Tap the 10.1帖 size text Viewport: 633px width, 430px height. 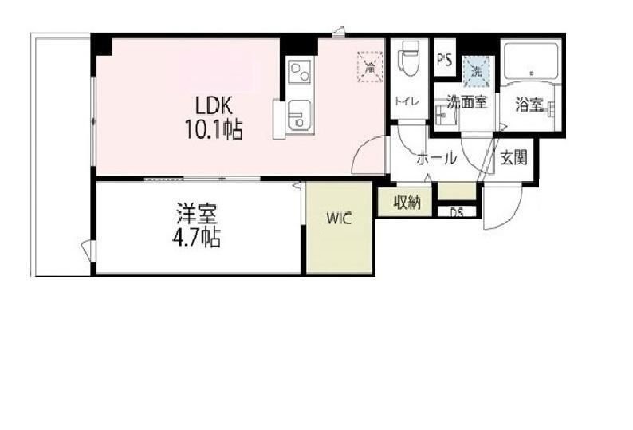215,130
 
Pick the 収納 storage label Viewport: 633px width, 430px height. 406,203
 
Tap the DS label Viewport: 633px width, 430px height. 456,212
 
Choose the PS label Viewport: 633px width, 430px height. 444,60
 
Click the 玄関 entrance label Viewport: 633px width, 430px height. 514,157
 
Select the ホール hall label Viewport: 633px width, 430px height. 436,158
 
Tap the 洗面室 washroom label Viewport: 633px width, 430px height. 466,102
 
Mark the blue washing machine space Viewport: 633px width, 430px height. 476,70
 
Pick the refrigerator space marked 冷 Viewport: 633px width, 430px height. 369,65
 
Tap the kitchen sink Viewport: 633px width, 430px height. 297,117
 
